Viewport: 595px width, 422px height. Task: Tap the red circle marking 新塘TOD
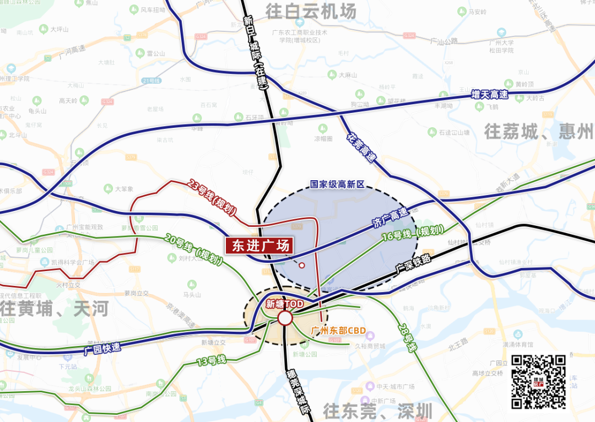pos(285,318)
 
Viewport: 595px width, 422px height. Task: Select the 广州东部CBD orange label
pos(338,331)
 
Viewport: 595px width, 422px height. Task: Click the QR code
pos(539,382)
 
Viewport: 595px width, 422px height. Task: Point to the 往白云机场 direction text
pos(311,11)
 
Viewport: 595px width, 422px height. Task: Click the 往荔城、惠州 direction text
pos(539,132)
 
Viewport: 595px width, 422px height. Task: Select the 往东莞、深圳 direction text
pos(377,411)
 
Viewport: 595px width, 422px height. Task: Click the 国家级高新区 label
pos(338,185)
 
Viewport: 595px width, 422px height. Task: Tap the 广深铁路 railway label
pos(413,263)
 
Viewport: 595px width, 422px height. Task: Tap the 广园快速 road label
pos(102,349)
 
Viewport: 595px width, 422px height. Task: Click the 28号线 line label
pos(407,337)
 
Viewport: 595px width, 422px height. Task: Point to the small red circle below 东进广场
pos(301,266)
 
